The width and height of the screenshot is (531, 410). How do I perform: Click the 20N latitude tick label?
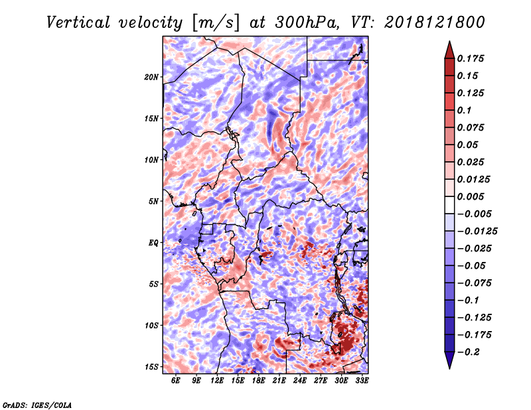click(151, 77)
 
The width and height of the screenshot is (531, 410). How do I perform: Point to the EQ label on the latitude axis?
click(153, 243)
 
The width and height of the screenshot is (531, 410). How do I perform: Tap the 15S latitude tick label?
click(151, 367)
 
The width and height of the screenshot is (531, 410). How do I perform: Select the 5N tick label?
click(153, 202)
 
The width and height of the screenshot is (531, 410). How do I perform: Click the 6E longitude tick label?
click(175, 380)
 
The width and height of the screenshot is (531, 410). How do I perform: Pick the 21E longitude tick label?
click(279, 380)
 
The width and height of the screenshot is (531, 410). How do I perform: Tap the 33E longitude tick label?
click(362, 380)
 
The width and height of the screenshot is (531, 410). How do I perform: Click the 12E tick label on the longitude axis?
click(217, 380)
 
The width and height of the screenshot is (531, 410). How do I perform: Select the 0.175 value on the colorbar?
click(471, 58)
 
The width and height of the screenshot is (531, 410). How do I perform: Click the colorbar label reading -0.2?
click(469, 352)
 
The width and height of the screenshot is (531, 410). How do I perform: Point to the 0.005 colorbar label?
click(471, 196)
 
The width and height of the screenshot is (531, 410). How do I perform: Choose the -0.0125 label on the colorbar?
click(477, 232)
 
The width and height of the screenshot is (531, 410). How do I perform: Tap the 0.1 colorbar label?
click(464, 110)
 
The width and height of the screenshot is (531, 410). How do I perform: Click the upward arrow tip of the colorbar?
click(449, 42)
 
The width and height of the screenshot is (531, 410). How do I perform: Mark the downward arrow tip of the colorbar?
click(449, 368)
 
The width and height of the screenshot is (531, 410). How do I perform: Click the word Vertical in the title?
click(78, 23)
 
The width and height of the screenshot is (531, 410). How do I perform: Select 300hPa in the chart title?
click(307, 23)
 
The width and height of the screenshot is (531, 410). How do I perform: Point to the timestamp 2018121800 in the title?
click(435, 23)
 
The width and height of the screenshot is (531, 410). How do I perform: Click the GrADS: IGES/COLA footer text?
click(37, 405)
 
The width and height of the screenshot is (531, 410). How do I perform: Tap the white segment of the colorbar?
click(449, 205)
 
